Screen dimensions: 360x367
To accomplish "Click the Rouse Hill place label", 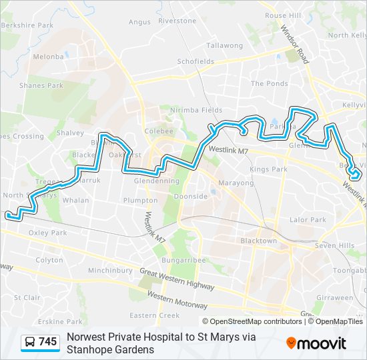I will click(x=284, y=15).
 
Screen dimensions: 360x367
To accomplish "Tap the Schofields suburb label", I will click(x=196, y=61).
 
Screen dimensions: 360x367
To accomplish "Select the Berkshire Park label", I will click(x=27, y=25).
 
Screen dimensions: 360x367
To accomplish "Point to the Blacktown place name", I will click(x=258, y=241).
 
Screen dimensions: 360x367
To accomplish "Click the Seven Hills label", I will click(x=335, y=246).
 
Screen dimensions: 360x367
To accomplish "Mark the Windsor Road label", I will click(x=294, y=45).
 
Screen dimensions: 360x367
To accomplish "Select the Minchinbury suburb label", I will click(x=110, y=271).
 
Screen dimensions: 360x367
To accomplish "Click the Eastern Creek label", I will click(x=155, y=315).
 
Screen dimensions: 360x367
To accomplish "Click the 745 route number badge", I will click(x=47, y=342).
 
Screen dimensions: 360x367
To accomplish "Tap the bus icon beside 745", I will click(x=30, y=343).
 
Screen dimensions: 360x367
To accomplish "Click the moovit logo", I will click(x=316, y=343).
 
